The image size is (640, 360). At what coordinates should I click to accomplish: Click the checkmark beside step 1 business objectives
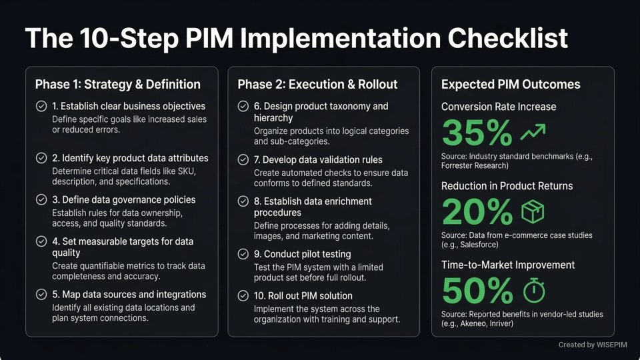click(x=41, y=106)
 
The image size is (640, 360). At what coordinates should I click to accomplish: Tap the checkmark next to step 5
click(x=41, y=295)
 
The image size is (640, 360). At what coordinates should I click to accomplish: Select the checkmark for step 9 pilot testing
click(x=244, y=254)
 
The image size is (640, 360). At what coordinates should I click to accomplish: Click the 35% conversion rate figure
click(x=477, y=133)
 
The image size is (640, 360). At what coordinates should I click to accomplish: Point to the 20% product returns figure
click(x=477, y=213)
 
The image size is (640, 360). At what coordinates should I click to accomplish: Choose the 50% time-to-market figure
click(x=477, y=291)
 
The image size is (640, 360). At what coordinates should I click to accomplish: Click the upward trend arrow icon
click(x=533, y=133)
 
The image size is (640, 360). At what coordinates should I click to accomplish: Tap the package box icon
click(x=533, y=212)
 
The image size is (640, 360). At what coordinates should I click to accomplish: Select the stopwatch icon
click(x=533, y=291)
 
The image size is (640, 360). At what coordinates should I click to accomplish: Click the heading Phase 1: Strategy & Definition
click(x=117, y=85)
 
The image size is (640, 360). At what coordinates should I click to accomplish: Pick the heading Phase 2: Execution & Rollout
click(x=317, y=85)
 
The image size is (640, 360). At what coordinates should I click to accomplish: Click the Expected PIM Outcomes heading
click(x=511, y=85)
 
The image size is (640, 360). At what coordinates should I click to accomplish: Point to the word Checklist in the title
click(x=508, y=38)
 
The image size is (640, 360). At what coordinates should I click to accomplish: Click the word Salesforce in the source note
click(x=490, y=245)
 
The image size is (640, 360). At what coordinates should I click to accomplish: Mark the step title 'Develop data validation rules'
click(x=318, y=160)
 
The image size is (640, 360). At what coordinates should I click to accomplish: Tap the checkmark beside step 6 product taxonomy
click(x=244, y=106)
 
